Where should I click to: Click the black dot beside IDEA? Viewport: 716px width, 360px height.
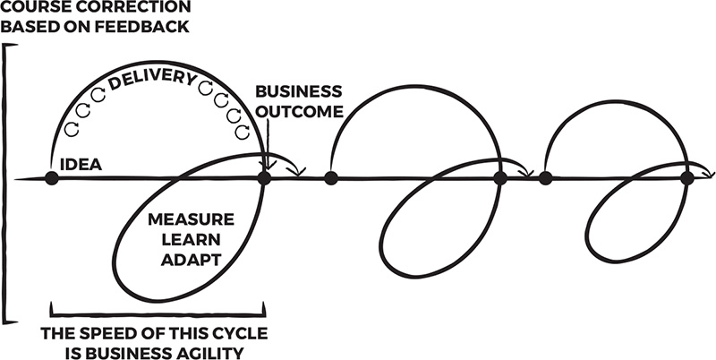point(52,178)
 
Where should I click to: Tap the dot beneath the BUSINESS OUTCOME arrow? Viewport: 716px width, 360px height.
point(264,178)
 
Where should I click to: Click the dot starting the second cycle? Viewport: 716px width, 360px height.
point(331,178)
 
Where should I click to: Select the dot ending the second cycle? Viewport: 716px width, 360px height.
point(500,178)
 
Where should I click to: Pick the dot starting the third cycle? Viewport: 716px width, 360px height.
point(545,178)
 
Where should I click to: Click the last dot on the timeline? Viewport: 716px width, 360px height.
point(686,178)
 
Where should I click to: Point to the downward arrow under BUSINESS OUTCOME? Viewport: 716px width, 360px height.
point(266,143)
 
